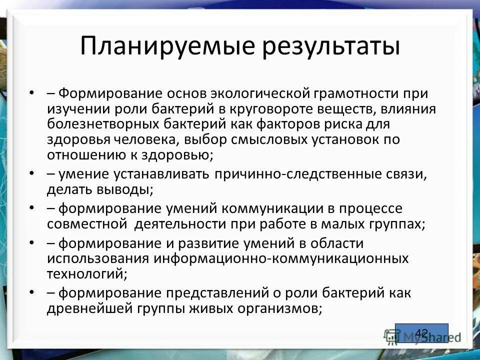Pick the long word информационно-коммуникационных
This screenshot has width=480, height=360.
(x=281, y=258)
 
